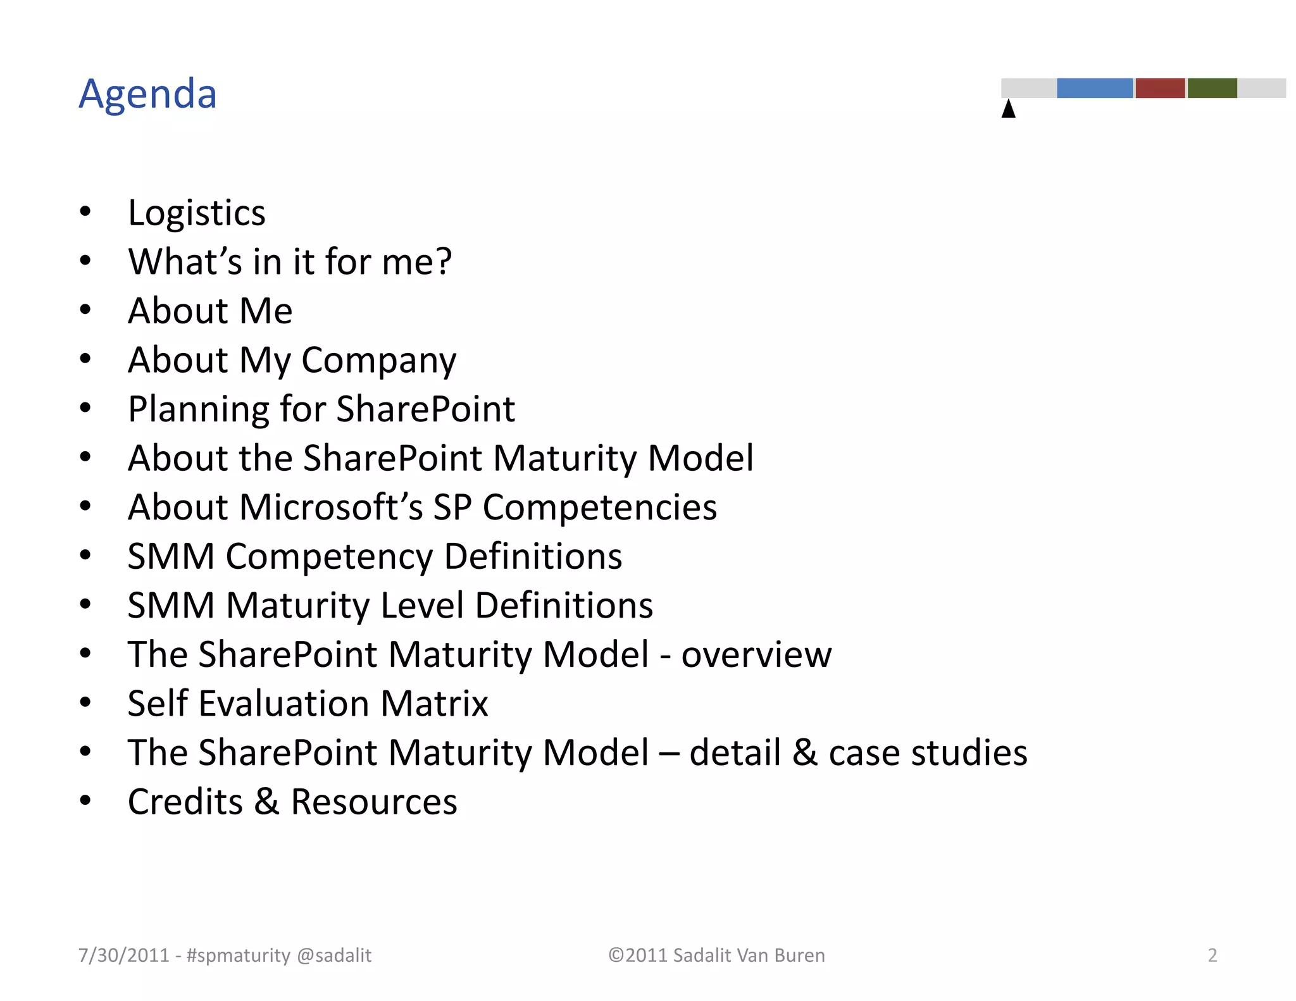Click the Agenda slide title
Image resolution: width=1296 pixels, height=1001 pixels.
click(x=147, y=94)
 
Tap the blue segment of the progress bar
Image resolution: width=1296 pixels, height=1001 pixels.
click(x=1094, y=88)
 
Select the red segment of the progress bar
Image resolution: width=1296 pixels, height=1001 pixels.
click(x=1160, y=88)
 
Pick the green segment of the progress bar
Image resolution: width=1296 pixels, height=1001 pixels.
click(x=1212, y=88)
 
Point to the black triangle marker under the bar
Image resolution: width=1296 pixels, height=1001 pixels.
click(x=1009, y=109)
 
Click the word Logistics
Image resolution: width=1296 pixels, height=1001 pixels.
click(x=196, y=213)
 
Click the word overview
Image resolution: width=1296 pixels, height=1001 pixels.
click(x=756, y=655)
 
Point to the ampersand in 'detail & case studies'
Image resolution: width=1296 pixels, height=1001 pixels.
click(x=804, y=753)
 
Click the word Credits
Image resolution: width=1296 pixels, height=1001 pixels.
click(x=185, y=802)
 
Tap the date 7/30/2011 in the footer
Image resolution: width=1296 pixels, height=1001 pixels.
click(x=124, y=955)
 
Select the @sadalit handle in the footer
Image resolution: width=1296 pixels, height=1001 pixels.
click(x=333, y=955)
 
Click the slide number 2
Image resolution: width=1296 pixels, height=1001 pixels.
click(x=1212, y=955)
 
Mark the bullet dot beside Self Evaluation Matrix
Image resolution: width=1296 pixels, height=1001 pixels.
click(x=85, y=702)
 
